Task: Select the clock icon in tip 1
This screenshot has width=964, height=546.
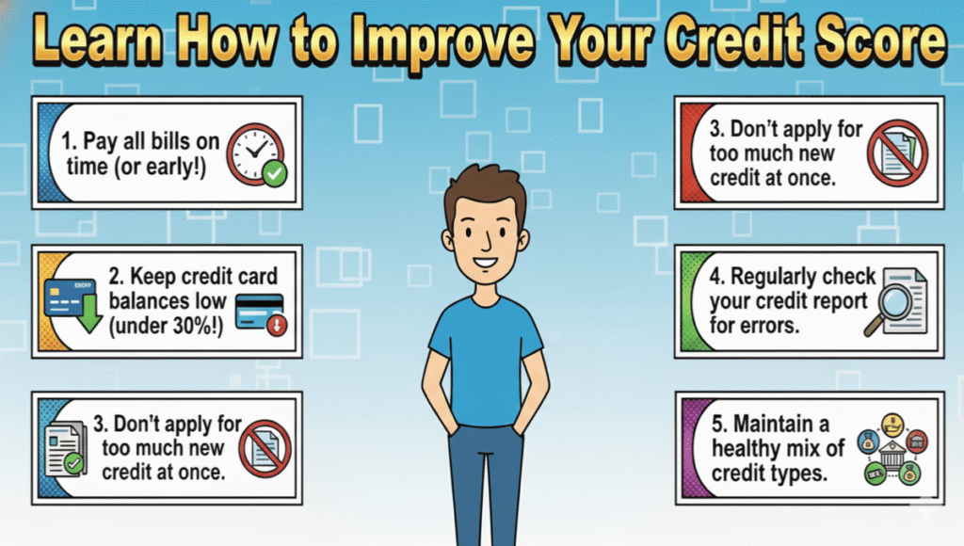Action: point(255,151)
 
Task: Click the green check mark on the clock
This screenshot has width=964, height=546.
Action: point(274,173)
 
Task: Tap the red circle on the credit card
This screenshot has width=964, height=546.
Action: point(277,325)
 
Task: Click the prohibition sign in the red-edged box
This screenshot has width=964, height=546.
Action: point(898,152)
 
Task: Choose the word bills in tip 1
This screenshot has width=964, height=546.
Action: point(169,141)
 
